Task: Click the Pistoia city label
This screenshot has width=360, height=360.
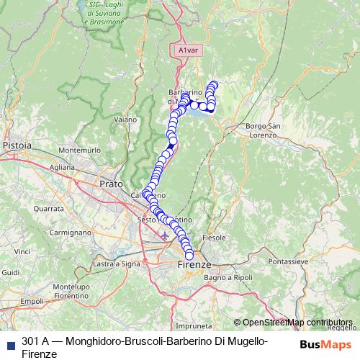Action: click(x=17, y=145)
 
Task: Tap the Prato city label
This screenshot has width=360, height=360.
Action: click(x=110, y=184)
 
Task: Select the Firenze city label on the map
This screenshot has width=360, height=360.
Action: click(x=192, y=265)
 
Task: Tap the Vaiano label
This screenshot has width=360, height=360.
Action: click(x=125, y=120)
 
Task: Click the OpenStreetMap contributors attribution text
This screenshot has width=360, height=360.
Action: click(x=297, y=323)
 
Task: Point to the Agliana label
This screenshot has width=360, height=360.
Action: click(x=63, y=166)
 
